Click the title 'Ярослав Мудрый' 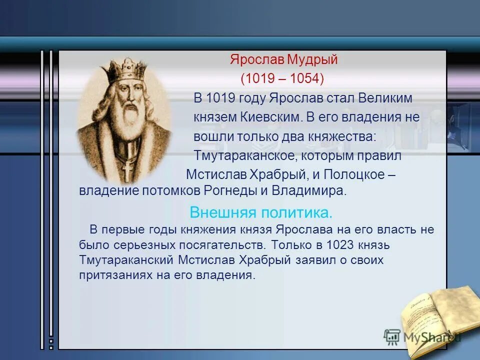[284, 60]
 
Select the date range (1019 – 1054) [282, 79]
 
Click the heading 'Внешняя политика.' [261, 212]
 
